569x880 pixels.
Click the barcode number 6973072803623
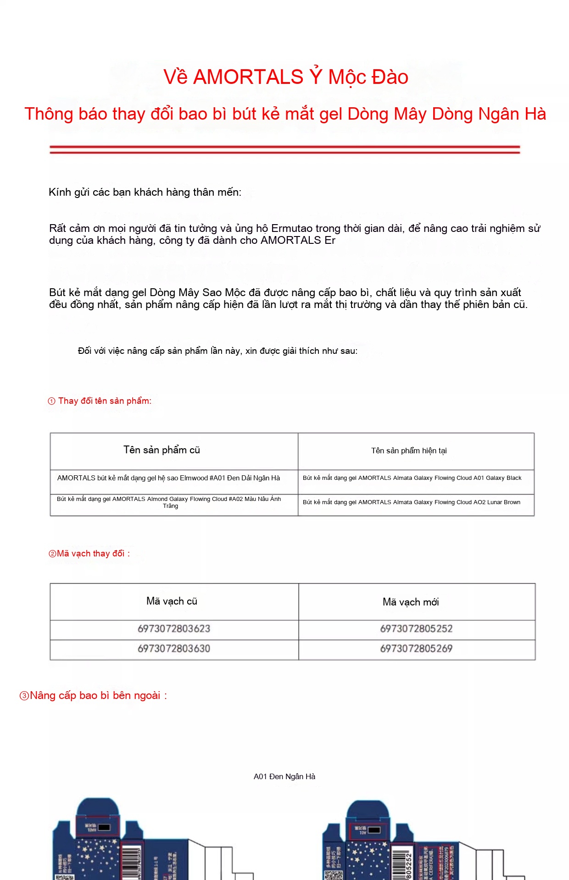pyautogui.click(x=174, y=629)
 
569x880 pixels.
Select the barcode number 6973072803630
pyautogui.click(x=174, y=649)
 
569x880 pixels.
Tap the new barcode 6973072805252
pyautogui.click(x=416, y=629)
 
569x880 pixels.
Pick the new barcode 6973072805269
pyautogui.click(x=416, y=649)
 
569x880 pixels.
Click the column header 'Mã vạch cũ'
pyautogui.click(x=172, y=601)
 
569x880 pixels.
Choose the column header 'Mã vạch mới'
pyautogui.click(x=411, y=602)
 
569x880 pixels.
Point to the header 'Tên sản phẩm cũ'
pyautogui.click(x=162, y=450)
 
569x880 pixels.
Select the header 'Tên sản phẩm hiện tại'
pyautogui.click(x=409, y=451)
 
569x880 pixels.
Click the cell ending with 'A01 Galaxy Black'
pyautogui.click(x=412, y=478)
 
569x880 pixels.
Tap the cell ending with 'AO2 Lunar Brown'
pyautogui.click(x=412, y=502)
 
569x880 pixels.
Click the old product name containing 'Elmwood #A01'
pyautogui.click(x=168, y=478)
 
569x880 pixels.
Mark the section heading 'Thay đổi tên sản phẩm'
pyautogui.click(x=105, y=401)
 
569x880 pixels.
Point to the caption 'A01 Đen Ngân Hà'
pyautogui.click(x=284, y=776)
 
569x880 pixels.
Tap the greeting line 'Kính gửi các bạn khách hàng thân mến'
pyautogui.click(x=145, y=192)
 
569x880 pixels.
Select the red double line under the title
pyautogui.click(x=284, y=149)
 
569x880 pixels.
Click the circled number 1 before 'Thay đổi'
pyautogui.click(x=51, y=401)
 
